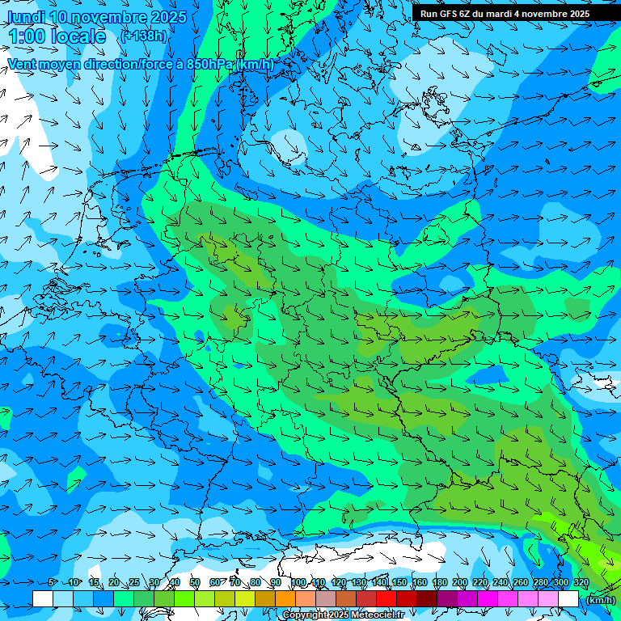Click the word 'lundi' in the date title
point(26,17)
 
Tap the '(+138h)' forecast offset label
point(143,36)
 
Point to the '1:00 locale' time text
point(57,36)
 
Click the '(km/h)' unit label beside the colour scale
point(600,600)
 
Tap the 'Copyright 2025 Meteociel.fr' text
point(344,615)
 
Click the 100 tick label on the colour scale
point(297,583)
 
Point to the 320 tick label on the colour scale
point(581,583)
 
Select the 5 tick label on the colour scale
point(53,583)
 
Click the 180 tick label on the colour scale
point(438,583)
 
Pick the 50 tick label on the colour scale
point(195,583)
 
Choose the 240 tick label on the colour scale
point(500,583)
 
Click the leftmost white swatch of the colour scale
point(43,598)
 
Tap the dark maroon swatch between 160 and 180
point(428,598)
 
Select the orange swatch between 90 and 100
point(285,598)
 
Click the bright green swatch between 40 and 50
point(184,598)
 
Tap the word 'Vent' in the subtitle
point(23,64)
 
